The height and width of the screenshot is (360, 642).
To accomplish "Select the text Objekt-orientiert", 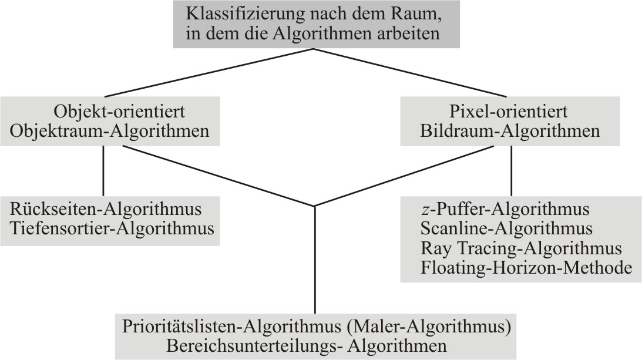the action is click(119, 112).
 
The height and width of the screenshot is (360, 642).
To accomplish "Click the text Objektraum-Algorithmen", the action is click(109, 131).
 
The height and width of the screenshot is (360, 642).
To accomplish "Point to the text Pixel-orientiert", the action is click(509, 112).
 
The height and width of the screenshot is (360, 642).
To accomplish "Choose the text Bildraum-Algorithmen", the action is click(510, 131).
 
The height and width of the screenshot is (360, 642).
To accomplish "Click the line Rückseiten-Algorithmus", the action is click(106, 209).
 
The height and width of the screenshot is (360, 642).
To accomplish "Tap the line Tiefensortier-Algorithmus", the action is click(112, 228).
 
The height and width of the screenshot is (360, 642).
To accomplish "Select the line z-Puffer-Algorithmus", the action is click(505, 209).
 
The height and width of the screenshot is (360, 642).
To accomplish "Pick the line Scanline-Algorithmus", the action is click(506, 228).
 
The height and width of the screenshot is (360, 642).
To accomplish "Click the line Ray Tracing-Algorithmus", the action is click(521, 248).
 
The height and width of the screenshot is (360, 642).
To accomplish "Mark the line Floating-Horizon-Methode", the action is click(526, 268).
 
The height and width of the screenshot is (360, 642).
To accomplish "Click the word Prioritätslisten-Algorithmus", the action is click(232, 327).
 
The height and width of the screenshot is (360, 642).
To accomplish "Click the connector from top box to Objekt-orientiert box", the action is click(209, 73).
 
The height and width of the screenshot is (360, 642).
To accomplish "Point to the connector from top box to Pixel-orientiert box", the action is click(410, 73).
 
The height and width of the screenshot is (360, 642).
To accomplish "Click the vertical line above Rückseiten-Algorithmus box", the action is click(103, 171).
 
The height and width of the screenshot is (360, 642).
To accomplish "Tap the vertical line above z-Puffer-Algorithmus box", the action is click(512, 171).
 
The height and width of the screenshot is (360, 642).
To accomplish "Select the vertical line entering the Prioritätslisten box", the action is click(314, 260).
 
